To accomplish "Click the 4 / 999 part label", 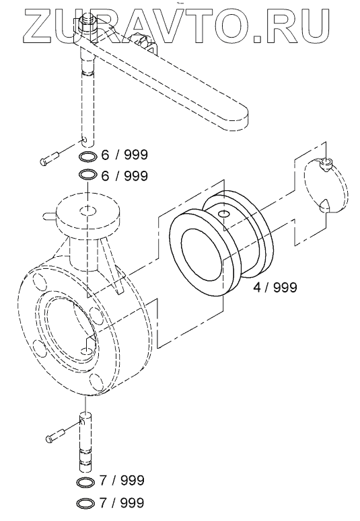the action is coord(275,287).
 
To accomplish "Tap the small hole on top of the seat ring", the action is coord(225,213).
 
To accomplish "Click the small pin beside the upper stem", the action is coord(49,158).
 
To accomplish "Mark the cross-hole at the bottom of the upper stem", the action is coord(85,140).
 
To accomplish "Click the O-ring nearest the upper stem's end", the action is coord(87,155).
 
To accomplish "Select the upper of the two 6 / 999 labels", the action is coord(124,155).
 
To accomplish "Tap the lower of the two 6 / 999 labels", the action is coord(124,175).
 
